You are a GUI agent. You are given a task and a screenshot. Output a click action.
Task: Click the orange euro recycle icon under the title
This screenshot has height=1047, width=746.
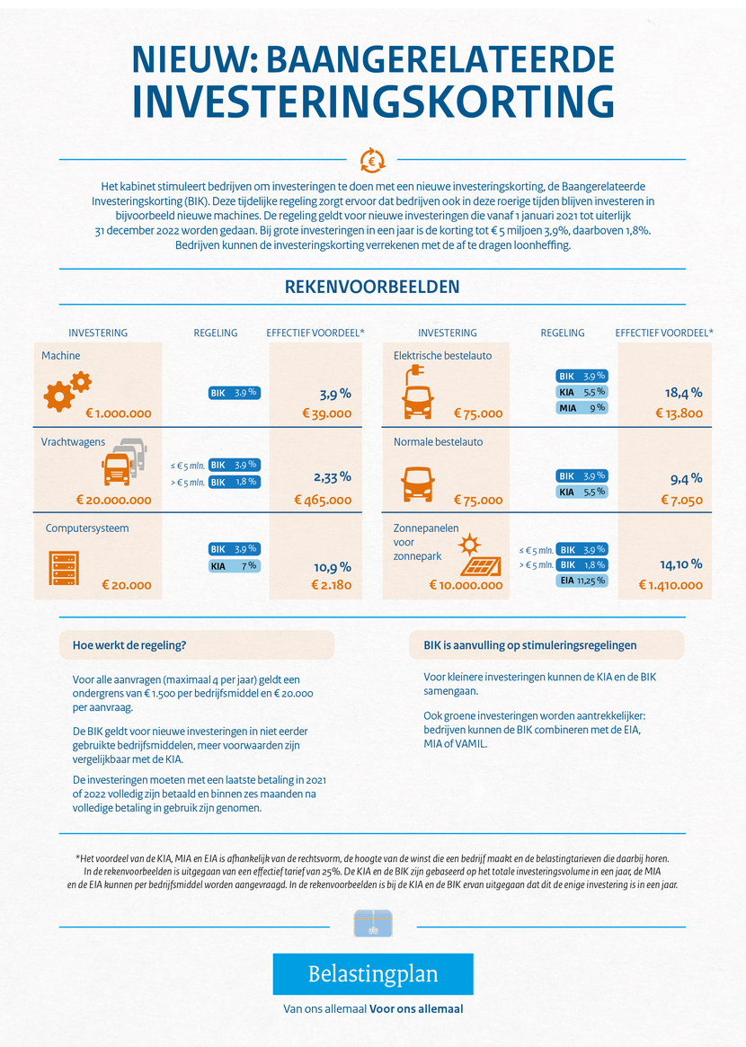pos(372,160)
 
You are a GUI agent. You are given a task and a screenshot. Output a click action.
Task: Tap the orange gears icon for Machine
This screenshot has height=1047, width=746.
pos(67,391)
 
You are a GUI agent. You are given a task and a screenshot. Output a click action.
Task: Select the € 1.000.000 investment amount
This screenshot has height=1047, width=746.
pos(119,413)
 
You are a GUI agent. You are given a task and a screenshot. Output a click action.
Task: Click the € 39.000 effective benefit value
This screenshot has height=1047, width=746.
pos(326,413)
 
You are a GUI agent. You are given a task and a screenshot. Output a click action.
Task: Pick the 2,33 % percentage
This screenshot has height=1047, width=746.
pos(332,476)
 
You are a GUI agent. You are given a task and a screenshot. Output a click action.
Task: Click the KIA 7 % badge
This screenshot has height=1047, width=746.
pos(234,565)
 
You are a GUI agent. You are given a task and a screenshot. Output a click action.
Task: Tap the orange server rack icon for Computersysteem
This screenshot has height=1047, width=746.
pos(64,568)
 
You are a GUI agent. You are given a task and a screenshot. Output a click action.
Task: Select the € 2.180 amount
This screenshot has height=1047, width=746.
pos(332,585)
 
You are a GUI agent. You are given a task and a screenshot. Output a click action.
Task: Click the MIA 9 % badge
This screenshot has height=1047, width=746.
pos(582,407)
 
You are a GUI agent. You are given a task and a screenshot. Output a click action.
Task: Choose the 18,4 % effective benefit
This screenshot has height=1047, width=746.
pos(683,393)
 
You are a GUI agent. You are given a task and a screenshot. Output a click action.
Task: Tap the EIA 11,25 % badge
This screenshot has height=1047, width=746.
pos(582,581)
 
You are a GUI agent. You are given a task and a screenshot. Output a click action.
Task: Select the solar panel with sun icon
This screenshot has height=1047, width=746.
pos(480,555)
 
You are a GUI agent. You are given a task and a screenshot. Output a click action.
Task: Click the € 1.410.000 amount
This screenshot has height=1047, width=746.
pos(671,585)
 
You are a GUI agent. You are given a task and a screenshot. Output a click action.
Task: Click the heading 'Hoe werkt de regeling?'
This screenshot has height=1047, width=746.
pos(129,645)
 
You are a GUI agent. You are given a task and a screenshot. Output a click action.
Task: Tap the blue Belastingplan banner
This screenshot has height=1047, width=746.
pos(373,974)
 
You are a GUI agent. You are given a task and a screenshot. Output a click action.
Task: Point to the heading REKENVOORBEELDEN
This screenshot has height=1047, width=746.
pos(372,287)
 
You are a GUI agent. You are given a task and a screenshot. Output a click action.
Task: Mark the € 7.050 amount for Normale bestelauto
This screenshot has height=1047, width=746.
pos(682,500)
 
